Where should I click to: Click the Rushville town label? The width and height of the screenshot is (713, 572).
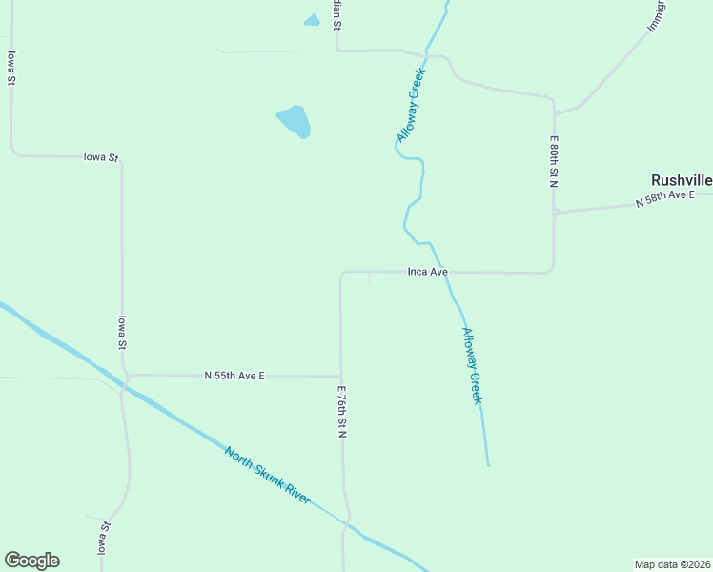[x=681, y=180]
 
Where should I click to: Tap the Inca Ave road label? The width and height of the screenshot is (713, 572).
[x=427, y=272]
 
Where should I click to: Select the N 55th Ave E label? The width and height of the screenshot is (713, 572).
[x=234, y=376]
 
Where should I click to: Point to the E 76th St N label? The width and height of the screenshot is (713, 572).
[x=340, y=412]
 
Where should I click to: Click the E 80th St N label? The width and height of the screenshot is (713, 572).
[x=553, y=161]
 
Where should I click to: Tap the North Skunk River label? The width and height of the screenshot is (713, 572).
[x=268, y=476]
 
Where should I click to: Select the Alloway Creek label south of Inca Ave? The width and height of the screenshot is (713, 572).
[x=472, y=366]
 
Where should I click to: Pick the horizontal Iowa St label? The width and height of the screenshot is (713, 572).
[x=100, y=156]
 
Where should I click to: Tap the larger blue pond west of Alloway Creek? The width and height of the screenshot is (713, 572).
[x=294, y=121]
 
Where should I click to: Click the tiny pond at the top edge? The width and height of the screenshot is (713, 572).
[x=312, y=20]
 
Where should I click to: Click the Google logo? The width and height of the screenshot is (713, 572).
[x=31, y=561]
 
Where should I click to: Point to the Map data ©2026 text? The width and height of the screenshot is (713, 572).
[x=672, y=563]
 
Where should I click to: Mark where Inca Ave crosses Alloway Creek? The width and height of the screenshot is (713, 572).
[x=441, y=272]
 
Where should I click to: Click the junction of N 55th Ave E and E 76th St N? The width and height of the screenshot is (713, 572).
[x=340, y=376]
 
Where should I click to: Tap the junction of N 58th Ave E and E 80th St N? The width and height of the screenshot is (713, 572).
[x=554, y=212]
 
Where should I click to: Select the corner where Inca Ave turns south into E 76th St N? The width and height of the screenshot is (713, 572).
[x=342, y=274]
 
